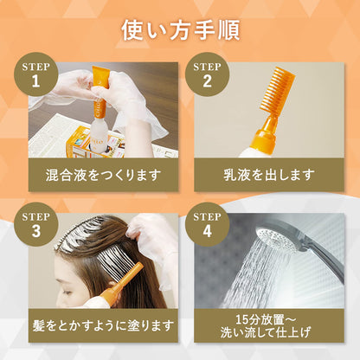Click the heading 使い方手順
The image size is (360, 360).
[180, 29]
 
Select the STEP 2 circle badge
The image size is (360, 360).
[208, 75]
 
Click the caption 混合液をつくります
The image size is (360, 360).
[103, 174]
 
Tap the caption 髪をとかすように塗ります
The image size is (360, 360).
[103, 325]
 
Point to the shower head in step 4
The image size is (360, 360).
[281, 234]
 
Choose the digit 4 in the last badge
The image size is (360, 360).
[208, 233]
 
